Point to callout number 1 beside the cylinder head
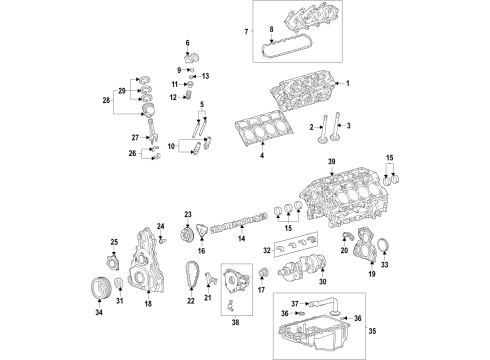349,83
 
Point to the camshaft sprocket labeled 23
186,237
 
